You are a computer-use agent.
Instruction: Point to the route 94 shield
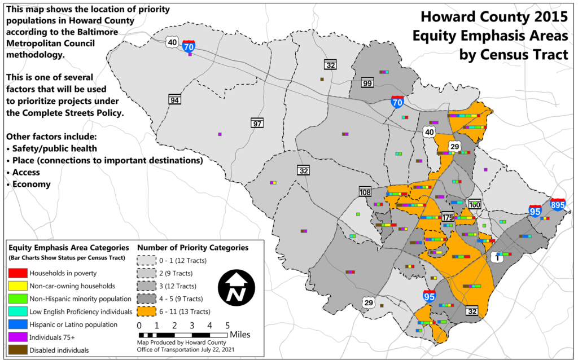click(175, 100)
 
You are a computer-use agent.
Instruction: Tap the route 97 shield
click(257, 123)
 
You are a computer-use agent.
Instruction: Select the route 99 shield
click(367, 84)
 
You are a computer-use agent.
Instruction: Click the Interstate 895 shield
click(558, 204)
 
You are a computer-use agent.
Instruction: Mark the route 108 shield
click(365, 191)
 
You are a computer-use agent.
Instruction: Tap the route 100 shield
click(475, 204)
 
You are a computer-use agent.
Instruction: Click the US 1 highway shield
click(497, 257)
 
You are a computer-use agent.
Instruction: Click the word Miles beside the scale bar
click(240, 335)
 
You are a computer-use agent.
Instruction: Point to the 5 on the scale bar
click(227, 326)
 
